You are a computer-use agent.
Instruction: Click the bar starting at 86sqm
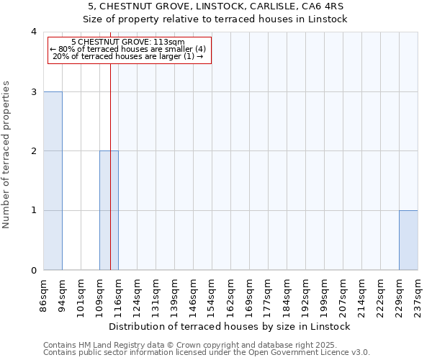click(x=53, y=181)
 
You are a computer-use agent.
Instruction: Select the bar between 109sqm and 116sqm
click(x=109, y=210)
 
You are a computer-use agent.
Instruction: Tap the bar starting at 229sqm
click(x=408, y=240)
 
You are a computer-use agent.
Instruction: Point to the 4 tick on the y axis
click(x=33, y=32)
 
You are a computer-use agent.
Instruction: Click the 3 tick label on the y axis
click(x=33, y=91)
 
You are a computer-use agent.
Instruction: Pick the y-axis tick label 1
click(x=33, y=210)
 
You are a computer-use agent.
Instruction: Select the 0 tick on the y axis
click(x=33, y=270)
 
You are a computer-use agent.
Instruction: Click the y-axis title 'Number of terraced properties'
click(x=6, y=155)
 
